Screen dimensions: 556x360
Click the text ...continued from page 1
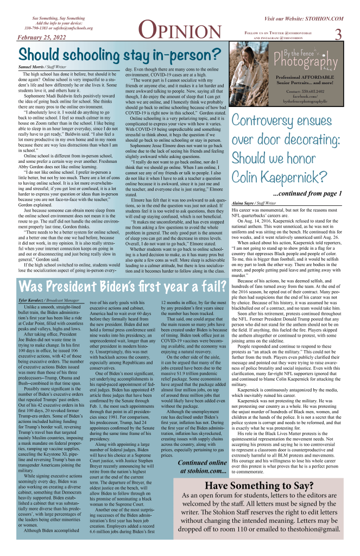point(307,193)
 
